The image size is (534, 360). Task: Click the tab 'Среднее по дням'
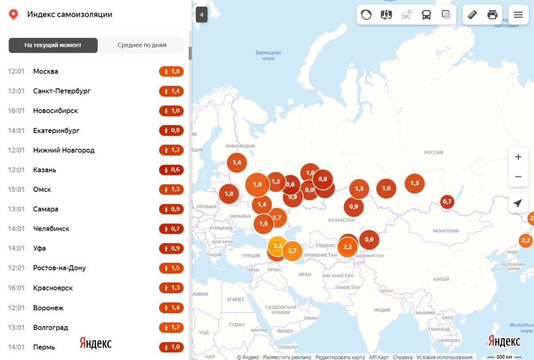point(142,45)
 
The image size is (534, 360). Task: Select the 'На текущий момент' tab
point(53,45)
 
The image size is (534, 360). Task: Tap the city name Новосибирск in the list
point(55,110)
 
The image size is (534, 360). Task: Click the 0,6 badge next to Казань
point(171,170)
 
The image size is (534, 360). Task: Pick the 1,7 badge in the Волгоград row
point(171,328)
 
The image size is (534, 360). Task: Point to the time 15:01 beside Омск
point(16,189)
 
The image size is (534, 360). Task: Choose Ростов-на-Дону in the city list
point(59,268)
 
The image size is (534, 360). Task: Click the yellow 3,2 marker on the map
point(277,245)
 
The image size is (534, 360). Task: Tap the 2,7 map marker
point(292,251)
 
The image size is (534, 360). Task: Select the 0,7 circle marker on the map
point(447,202)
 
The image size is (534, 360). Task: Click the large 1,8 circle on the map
point(257,184)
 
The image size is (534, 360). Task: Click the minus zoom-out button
point(518,177)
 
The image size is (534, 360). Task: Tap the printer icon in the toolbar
point(492,15)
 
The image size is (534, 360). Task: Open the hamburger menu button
point(518,15)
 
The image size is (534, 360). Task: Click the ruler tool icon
point(473,15)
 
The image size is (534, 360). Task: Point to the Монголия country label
point(446,231)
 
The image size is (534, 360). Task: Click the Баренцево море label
point(268,56)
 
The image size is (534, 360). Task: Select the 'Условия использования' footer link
point(444,357)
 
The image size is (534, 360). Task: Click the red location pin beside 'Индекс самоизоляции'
point(14,15)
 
